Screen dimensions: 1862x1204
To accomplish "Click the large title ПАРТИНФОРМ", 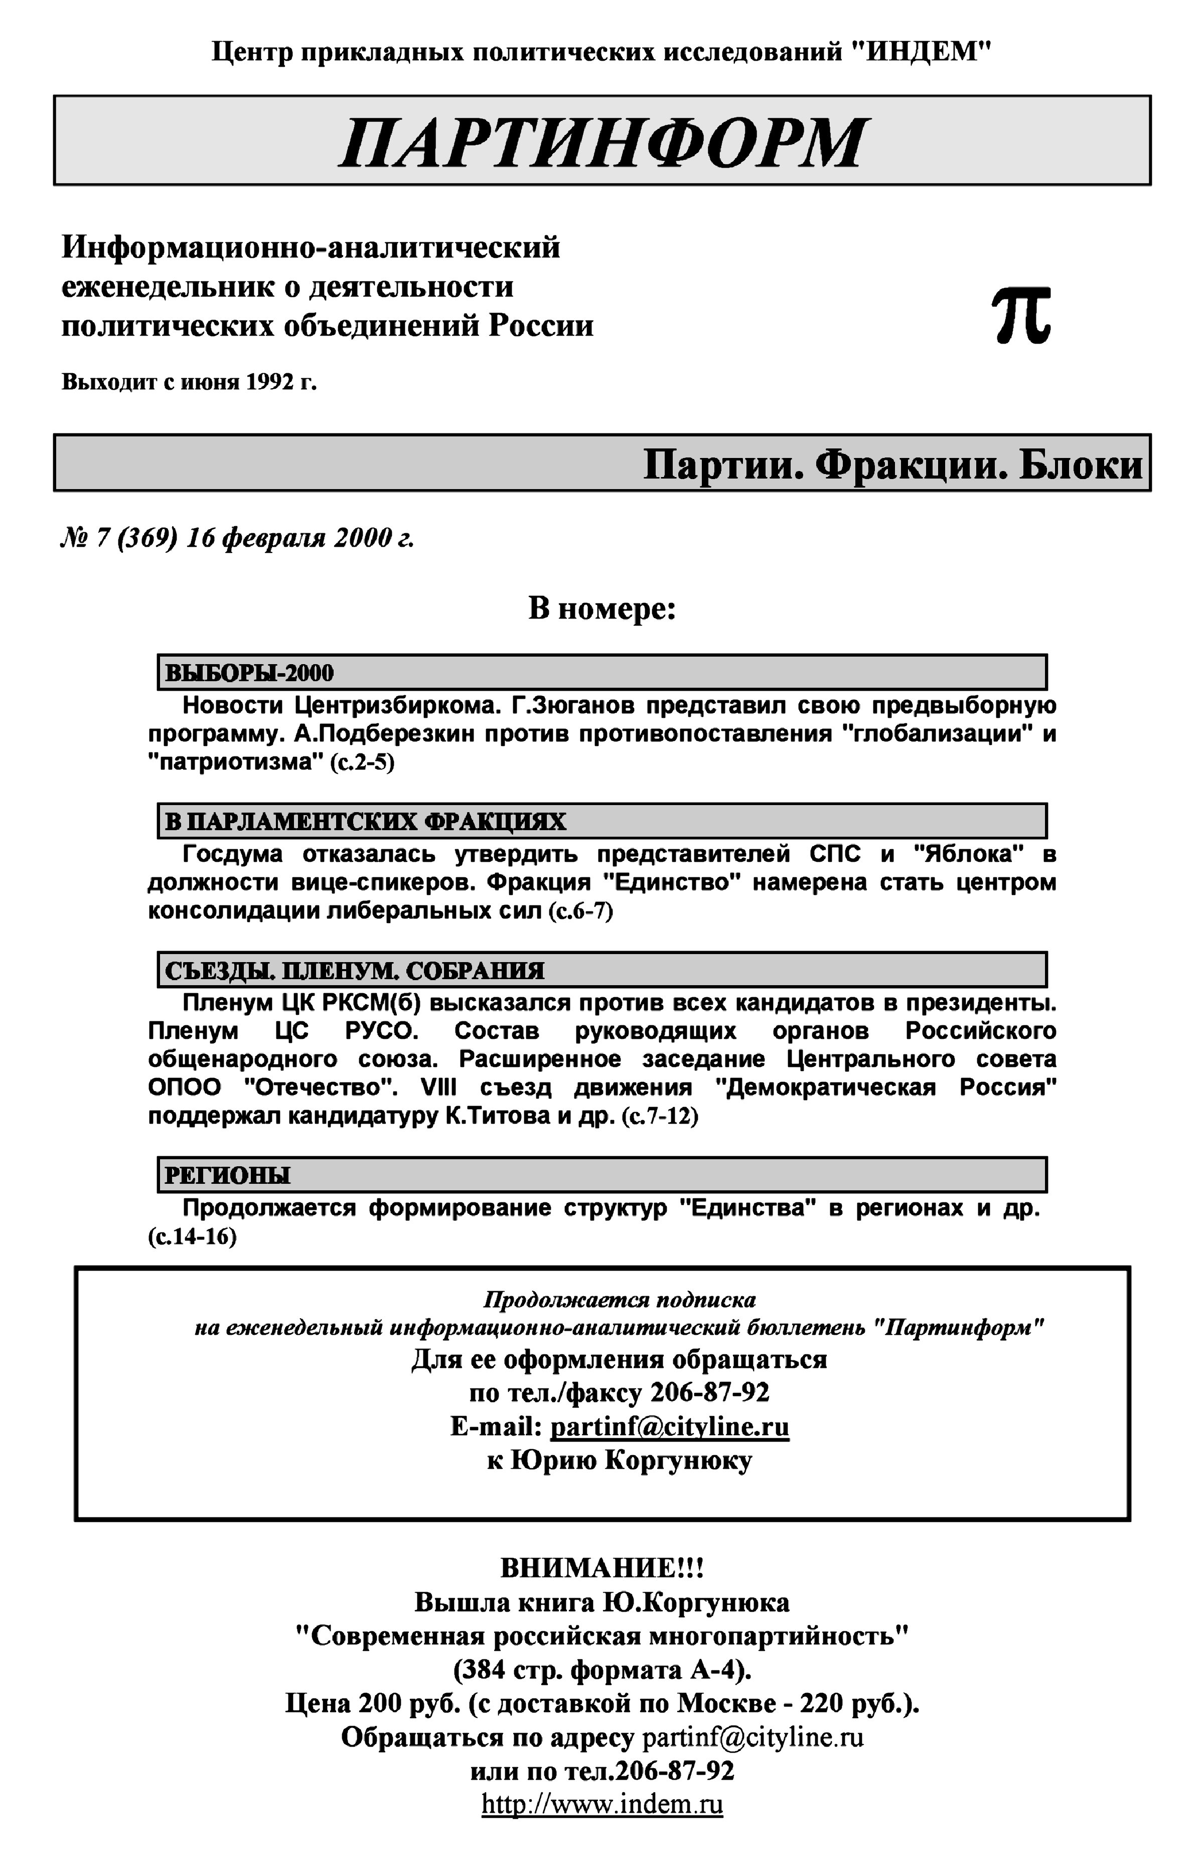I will tap(602, 143).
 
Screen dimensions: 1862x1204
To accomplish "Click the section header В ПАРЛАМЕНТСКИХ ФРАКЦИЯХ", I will tap(365, 822).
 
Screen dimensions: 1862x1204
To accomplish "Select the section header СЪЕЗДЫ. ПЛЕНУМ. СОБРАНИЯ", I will tap(354, 970).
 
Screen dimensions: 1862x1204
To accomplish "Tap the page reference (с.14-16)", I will tap(192, 1236).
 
